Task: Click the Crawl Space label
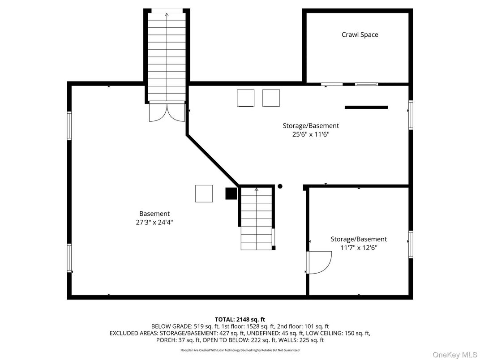pyautogui.click(x=360, y=35)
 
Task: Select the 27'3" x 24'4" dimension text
pyautogui.click(x=154, y=222)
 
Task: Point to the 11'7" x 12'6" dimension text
pyautogui.click(x=358, y=248)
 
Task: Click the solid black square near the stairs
pyautogui.click(x=231, y=193)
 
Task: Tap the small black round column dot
pyautogui.click(x=280, y=186)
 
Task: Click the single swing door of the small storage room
pyautogui.click(x=318, y=262)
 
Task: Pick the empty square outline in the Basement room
pyautogui.click(x=204, y=193)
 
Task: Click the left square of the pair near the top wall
pyautogui.click(x=245, y=98)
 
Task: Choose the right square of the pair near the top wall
pyautogui.click(x=271, y=98)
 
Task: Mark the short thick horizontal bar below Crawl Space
pyautogui.click(x=366, y=107)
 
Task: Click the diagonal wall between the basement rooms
pyautogui.click(x=213, y=159)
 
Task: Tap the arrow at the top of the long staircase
pyautogui.click(x=167, y=15)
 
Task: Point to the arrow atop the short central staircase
pyautogui.click(x=257, y=190)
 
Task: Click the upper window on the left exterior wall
pyautogui.click(x=69, y=125)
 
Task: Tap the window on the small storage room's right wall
pyautogui.click(x=411, y=244)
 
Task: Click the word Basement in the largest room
pyautogui.click(x=154, y=214)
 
